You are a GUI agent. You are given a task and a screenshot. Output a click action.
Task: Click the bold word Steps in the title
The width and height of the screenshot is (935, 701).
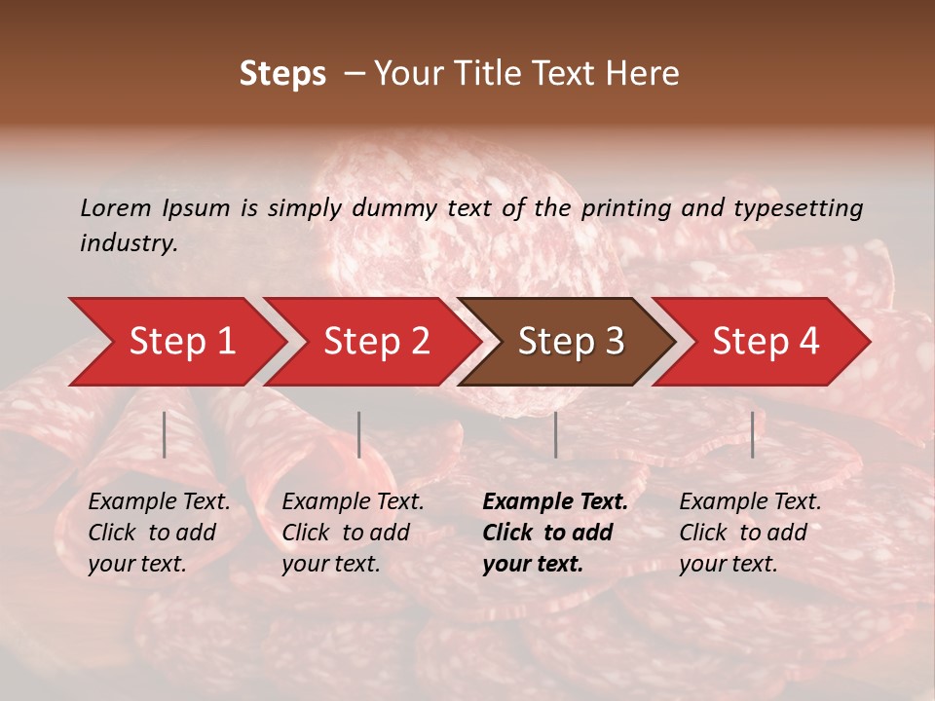(282, 74)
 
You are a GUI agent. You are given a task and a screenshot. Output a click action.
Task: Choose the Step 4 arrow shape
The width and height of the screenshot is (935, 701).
(766, 342)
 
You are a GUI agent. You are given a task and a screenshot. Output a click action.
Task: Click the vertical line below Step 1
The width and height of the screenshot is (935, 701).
(165, 434)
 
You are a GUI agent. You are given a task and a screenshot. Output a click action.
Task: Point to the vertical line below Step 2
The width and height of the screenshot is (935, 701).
(359, 434)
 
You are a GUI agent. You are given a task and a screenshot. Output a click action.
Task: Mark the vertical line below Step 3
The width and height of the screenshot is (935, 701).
(555, 434)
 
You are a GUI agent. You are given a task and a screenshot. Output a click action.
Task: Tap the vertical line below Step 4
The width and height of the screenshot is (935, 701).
(752, 434)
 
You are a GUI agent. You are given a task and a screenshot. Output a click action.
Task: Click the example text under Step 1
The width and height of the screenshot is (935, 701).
(159, 533)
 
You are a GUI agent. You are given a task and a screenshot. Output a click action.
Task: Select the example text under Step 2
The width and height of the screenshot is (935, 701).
(353, 533)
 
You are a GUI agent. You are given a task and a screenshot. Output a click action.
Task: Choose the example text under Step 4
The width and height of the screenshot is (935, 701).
(750, 533)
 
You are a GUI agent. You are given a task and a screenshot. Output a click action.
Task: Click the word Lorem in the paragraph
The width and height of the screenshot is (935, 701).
(116, 207)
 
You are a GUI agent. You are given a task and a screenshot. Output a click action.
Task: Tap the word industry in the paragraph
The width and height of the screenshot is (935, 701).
(129, 243)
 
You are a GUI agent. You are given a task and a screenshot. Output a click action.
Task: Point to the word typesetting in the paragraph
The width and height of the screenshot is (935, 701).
(798, 207)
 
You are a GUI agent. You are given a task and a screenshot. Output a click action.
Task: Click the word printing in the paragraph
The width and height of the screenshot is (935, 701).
(625, 207)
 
